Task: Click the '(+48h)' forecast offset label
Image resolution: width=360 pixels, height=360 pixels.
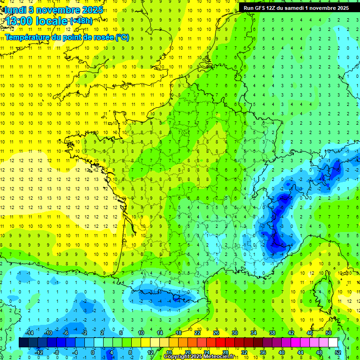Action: tap(81, 21)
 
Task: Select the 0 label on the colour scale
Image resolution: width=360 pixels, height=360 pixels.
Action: tap(92, 352)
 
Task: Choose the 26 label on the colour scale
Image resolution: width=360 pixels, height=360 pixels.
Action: tap(216, 332)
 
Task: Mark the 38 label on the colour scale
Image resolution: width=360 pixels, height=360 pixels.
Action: tap(272, 332)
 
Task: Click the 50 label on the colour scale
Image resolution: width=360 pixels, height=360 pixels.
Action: tap(328, 332)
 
